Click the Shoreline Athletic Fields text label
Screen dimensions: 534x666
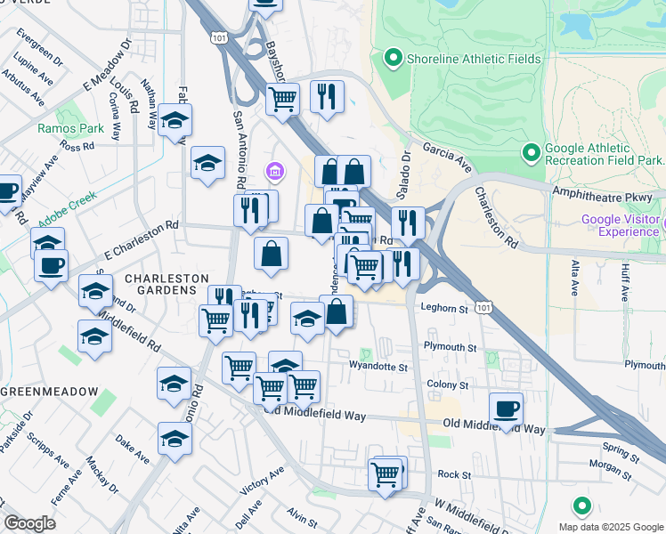474,59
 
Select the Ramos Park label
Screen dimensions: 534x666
59,128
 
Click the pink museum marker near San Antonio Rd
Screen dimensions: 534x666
274,170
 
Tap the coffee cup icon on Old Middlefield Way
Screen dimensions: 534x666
506,409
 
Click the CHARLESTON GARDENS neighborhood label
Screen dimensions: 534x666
160,284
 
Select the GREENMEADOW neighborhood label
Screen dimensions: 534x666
43,392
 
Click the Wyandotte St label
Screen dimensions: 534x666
378,366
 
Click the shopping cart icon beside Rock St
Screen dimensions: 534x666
386,475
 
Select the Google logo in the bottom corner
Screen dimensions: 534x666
29,523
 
